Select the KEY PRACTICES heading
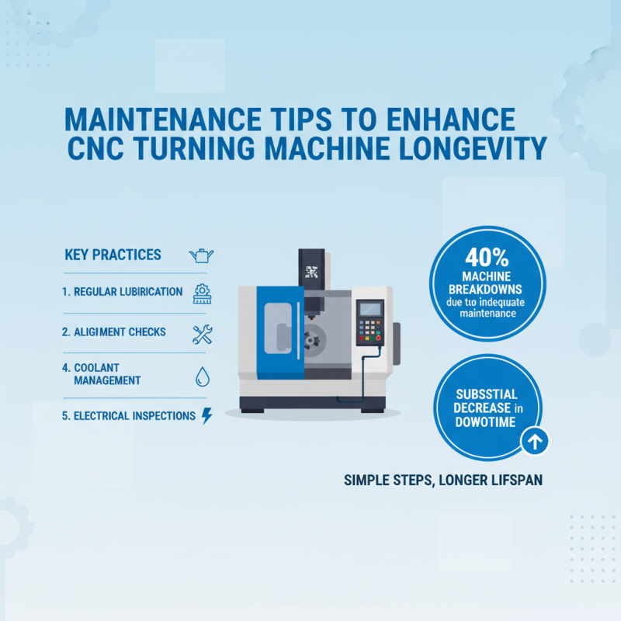[114, 255]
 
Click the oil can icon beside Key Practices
[201, 255]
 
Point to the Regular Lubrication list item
[123, 293]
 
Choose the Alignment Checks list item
[114, 332]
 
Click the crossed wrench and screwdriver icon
[202, 334]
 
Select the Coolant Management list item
[107, 373]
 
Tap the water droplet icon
[201, 376]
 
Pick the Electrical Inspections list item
[128, 416]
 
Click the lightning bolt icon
[206, 416]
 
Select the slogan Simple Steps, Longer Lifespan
[442, 480]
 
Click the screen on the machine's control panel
[370, 309]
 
